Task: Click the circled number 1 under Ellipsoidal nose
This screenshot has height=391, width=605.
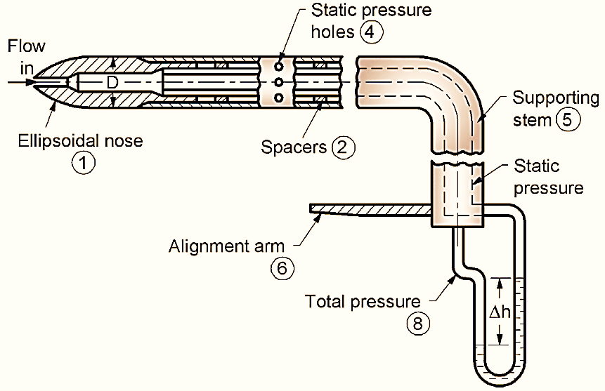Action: tap(83, 163)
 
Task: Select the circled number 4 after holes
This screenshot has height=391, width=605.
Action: tap(367, 31)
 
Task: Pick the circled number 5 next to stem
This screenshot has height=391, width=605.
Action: tap(566, 119)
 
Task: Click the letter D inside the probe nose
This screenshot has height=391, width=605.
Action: tap(112, 83)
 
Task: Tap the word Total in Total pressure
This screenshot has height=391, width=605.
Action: tap(325, 301)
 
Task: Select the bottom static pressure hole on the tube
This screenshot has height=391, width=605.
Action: tap(280, 98)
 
